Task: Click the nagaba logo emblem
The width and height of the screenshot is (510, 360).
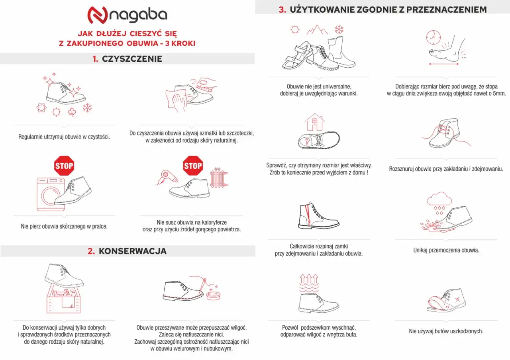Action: click(x=97, y=15)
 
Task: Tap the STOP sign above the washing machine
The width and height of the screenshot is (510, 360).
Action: click(x=64, y=166)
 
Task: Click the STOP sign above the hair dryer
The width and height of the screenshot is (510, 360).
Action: click(x=193, y=166)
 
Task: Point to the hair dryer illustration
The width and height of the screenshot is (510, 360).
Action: click(x=162, y=178)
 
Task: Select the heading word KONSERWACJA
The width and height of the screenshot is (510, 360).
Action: click(x=132, y=251)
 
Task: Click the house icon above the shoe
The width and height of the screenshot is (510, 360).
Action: click(x=315, y=122)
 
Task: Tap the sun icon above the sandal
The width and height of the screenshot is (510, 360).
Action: click(x=295, y=29)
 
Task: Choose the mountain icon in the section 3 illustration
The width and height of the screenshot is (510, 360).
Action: click(x=317, y=29)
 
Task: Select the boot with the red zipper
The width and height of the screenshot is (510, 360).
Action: click(x=318, y=217)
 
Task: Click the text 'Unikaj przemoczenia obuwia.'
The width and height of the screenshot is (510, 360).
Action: click(x=446, y=250)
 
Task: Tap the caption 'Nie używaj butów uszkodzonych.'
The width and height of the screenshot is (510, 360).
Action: click(x=446, y=331)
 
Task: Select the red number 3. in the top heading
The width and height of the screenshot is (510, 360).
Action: click(x=282, y=10)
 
